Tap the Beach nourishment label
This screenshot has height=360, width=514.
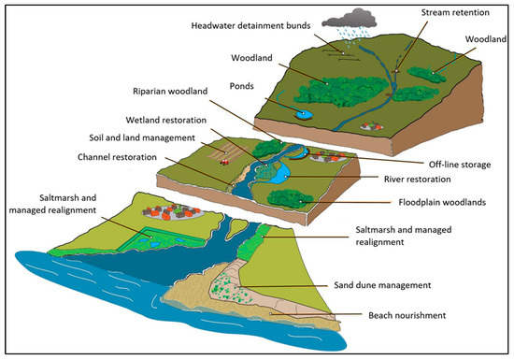(x=409, y=316)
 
